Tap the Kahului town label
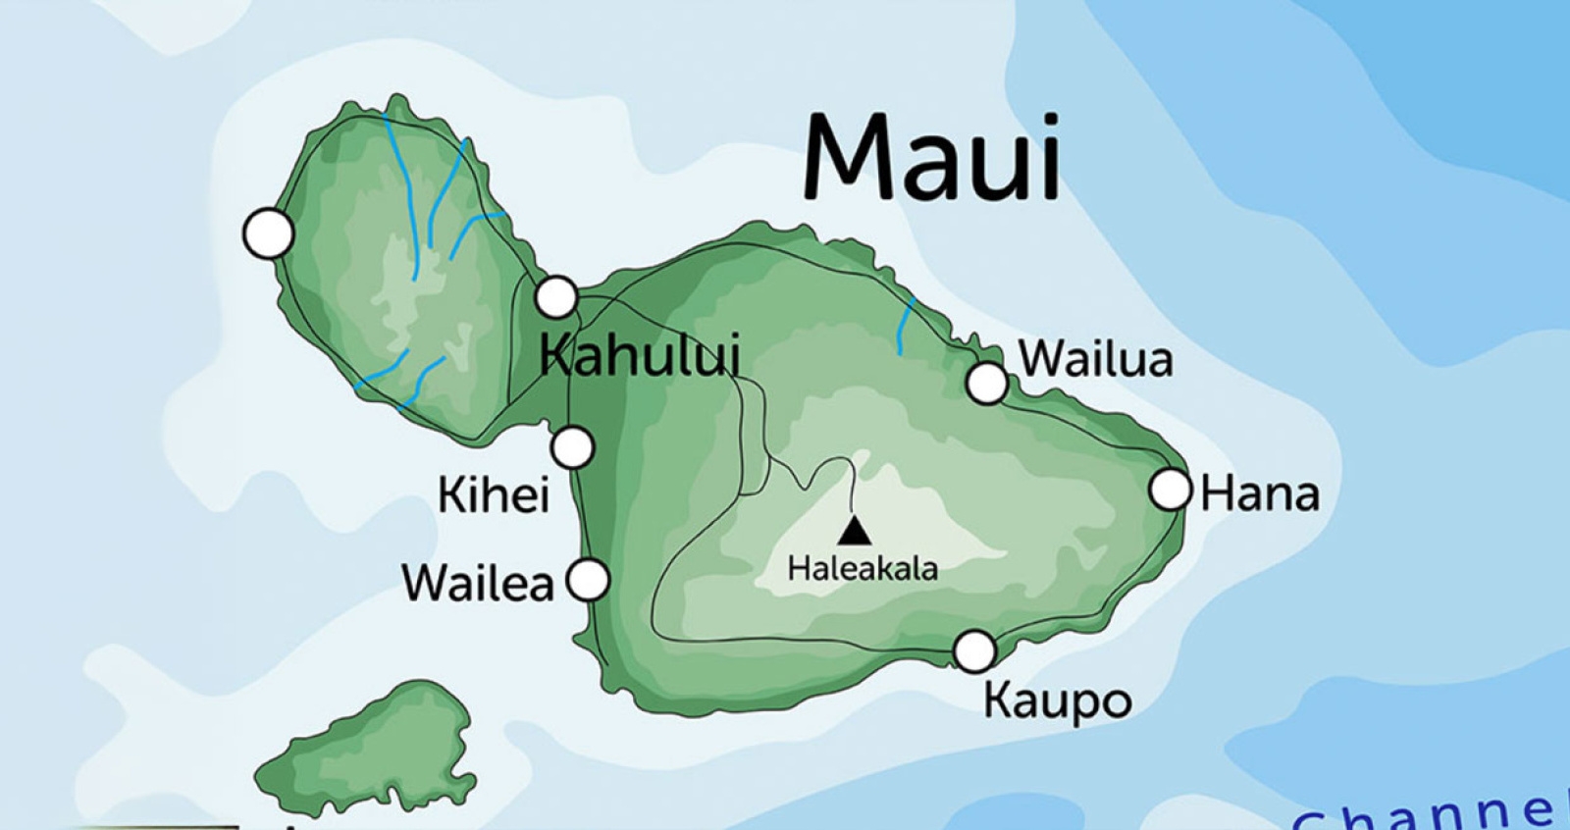pos(640,355)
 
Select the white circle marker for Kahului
pos(555,296)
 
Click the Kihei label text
pos(493,495)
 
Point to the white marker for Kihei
pos(572,448)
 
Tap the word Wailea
pos(478,584)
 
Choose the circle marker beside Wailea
pos(589,580)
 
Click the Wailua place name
pos(1096,359)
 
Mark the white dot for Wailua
pos(987,384)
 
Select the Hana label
pos(1260,493)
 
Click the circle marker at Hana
pos(1170,490)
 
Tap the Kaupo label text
pos(1058,701)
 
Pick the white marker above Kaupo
pos(974,650)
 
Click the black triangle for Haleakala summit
pos(855,532)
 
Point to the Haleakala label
pos(863,568)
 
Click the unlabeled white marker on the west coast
pos(268,234)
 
